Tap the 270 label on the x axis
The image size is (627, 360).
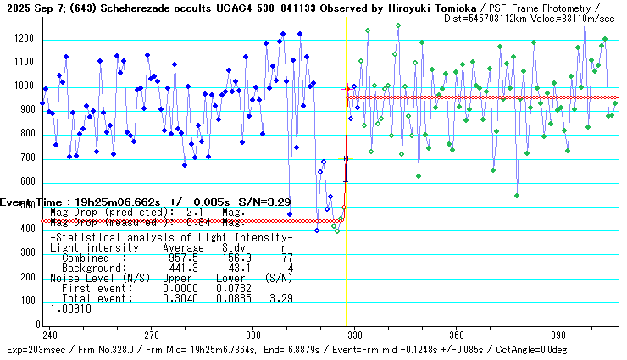[x=152, y=334]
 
